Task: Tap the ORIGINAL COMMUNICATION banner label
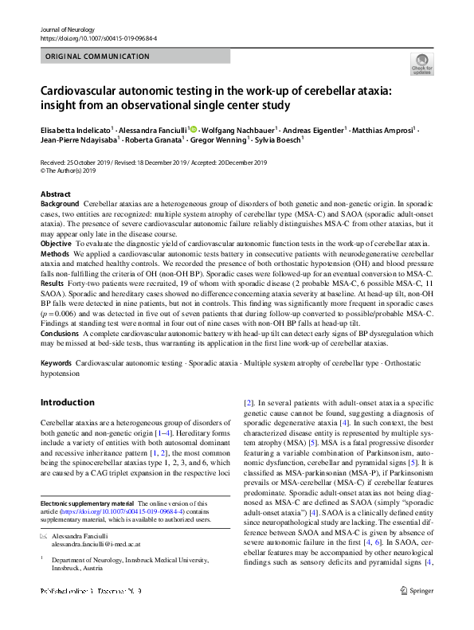coord(97,57)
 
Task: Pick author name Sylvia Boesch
coord(278,140)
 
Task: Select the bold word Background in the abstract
coord(60,205)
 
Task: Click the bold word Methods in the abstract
coord(55,252)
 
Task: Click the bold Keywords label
coord(57,362)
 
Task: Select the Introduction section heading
coord(68,402)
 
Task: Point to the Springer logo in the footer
coord(418,612)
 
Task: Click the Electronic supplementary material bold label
coord(86,503)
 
